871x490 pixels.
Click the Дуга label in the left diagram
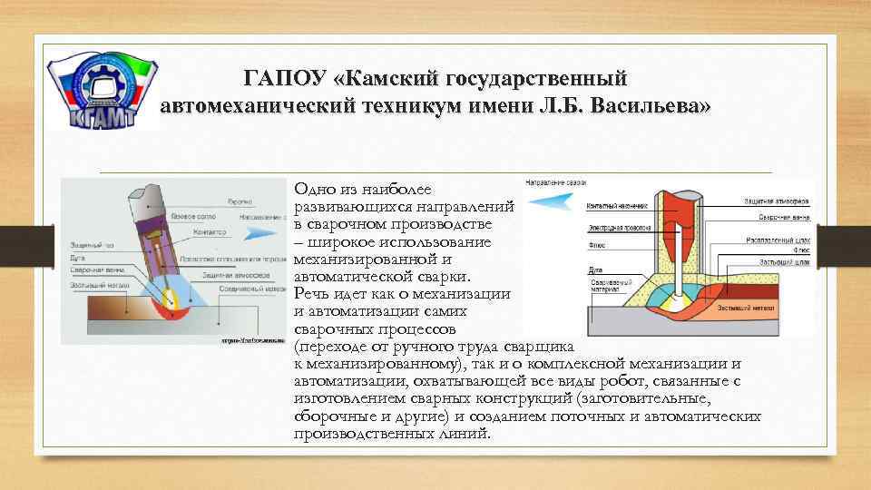click(x=77, y=258)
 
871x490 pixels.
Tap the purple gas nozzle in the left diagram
click(x=153, y=240)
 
